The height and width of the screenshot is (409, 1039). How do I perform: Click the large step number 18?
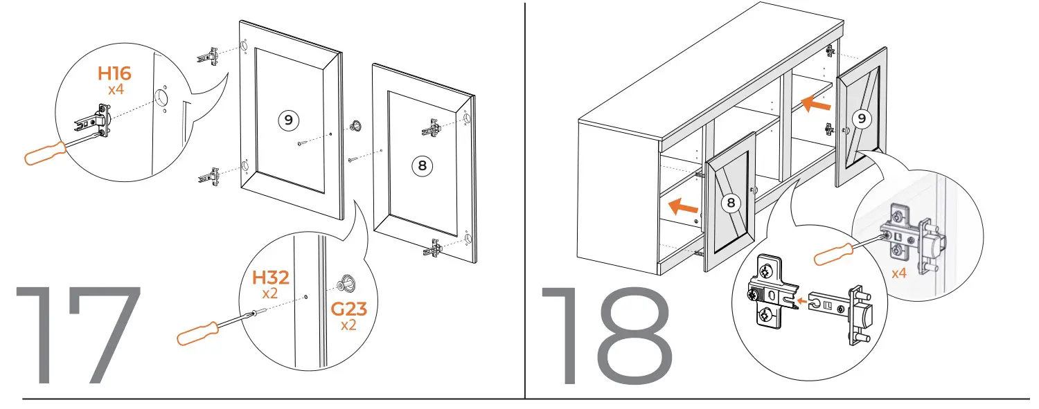tap(606, 336)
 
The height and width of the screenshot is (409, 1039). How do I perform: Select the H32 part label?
tap(269, 278)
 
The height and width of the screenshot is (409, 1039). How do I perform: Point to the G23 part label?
tap(348, 308)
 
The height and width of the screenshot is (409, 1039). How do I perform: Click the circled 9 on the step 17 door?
tap(288, 120)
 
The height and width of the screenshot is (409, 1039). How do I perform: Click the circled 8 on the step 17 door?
tap(421, 165)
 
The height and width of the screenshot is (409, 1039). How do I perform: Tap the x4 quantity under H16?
tap(115, 90)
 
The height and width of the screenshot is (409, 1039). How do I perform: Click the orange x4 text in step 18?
tap(898, 273)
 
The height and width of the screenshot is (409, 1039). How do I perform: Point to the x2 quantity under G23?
tap(348, 324)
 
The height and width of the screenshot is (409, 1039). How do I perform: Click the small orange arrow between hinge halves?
tap(801, 301)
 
